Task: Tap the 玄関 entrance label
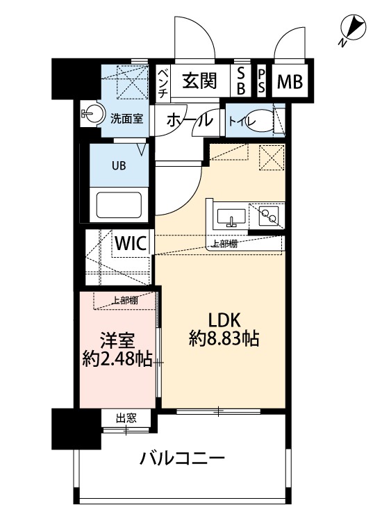coord(199,81)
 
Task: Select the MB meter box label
coord(290,82)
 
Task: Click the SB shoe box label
coord(241,81)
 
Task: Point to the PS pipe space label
coord(262,81)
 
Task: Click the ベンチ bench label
coord(162,82)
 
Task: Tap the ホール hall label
coord(189,120)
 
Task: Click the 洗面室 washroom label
coord(127,118)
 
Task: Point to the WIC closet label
coord(130,244)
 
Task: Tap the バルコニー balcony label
coord(182,458)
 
